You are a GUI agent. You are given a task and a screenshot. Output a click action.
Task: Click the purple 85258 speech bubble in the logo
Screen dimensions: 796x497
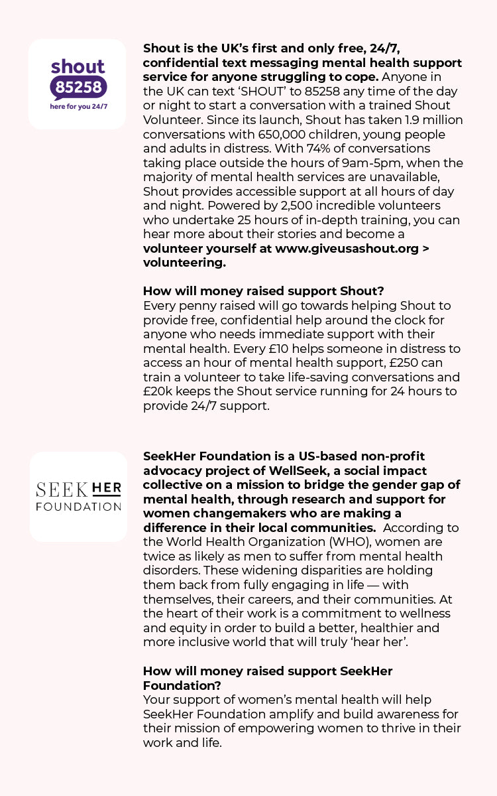click(78, 88)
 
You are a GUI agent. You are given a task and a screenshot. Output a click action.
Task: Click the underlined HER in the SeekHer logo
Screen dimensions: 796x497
click(106, 489)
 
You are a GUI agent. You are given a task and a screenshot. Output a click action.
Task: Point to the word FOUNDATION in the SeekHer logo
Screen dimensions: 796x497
click(78, 507)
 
